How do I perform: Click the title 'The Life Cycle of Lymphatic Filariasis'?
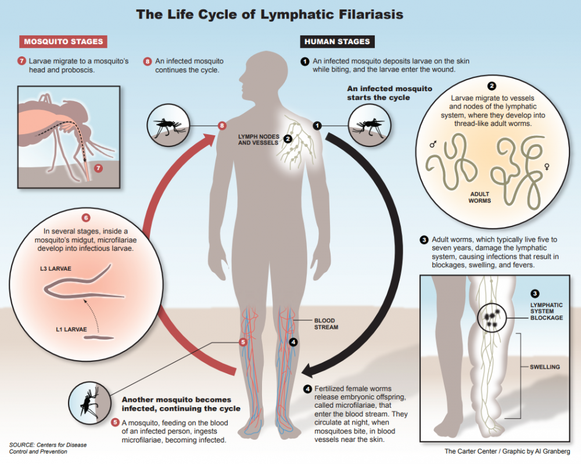(x=270, y=15)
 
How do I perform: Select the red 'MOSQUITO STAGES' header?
(x=63, y=42)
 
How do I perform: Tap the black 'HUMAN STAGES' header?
(x=338, y=42)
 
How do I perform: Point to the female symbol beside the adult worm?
(x=545, y=167)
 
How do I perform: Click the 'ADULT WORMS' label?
(x=480, y=197)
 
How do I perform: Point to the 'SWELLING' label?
(x=545, y=367)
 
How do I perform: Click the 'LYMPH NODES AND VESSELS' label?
(x=258, y=139)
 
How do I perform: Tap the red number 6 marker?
(x=86, y=218)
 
